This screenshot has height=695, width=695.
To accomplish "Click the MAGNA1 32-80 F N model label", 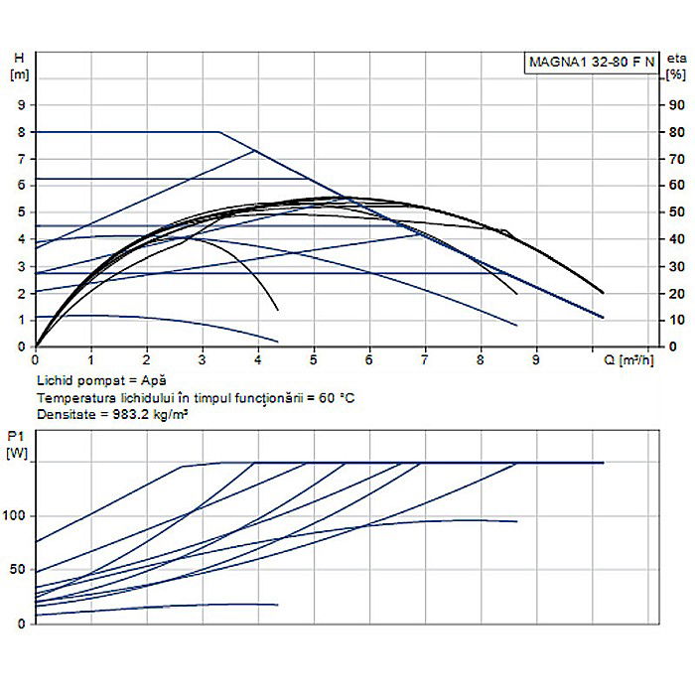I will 591,62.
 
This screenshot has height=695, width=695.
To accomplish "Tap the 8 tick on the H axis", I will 20,131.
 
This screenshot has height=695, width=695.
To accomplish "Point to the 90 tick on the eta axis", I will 676,104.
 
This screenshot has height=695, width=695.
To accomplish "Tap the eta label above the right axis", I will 676,59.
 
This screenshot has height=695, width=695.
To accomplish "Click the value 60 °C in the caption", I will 333,398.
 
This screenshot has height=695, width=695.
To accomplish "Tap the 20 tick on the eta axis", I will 676,294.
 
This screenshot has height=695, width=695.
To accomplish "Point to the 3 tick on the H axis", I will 20,266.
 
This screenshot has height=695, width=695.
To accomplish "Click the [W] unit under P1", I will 18,454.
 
